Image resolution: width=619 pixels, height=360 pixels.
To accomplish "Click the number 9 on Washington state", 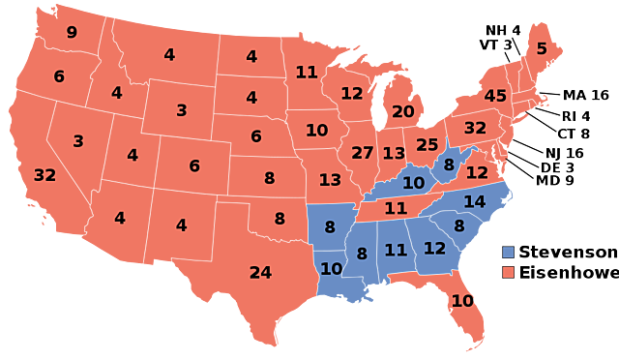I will pyautogui.click(x=72, y=33).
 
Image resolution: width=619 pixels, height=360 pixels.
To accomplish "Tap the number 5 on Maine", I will pyautogui.click(x=542, y=49).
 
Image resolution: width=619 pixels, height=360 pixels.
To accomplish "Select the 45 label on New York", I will pyautogui.click(x=495, y=97).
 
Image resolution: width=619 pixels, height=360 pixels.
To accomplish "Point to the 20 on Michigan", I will pyautogui.click(x=403, y=112).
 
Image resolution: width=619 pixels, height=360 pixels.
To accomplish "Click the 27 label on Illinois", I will pyautogui.click(x=363, y=153).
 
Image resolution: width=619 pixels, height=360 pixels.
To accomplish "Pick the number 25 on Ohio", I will pyautogui.click(x=427, y=145).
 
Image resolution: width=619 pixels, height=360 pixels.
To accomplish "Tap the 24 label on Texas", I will pyautogui.click(x=260, y=273).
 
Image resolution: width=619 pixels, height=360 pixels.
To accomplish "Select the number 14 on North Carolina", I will pyautogui.click(x=474, y=202).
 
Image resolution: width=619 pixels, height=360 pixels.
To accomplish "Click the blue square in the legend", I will pyautogui.click(x=508, y=253).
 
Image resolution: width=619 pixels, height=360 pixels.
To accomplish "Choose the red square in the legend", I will pyautogui.click(x=508, y=272).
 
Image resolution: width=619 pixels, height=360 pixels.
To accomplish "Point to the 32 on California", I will pyautogui.click(x=44, y=176).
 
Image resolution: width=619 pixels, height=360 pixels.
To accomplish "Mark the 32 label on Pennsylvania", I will pyautogui.click(x=475, y=128).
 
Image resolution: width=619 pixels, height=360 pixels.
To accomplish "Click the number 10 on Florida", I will pyautogui.click(x=462, y=301).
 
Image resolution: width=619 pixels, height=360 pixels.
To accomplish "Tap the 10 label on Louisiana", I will pyautogui.click(x=331, y=269).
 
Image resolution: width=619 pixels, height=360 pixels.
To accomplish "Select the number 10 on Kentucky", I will pyautogui.click(x=414, y=183).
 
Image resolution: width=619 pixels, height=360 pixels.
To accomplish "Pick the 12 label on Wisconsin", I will pyautogui.click(x=351, y=94).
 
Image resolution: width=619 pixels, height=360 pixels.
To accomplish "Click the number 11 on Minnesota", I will pyautogui.click(x=307, y=73).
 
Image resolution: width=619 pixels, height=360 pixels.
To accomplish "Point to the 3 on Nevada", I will pyautogui.click(x=78, y=141).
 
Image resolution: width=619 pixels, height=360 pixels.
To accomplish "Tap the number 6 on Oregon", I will pyautogui.click(x=59, y=76).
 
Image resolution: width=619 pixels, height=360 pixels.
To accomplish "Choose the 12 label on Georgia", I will pyautogui.click(x=435, y=249).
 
